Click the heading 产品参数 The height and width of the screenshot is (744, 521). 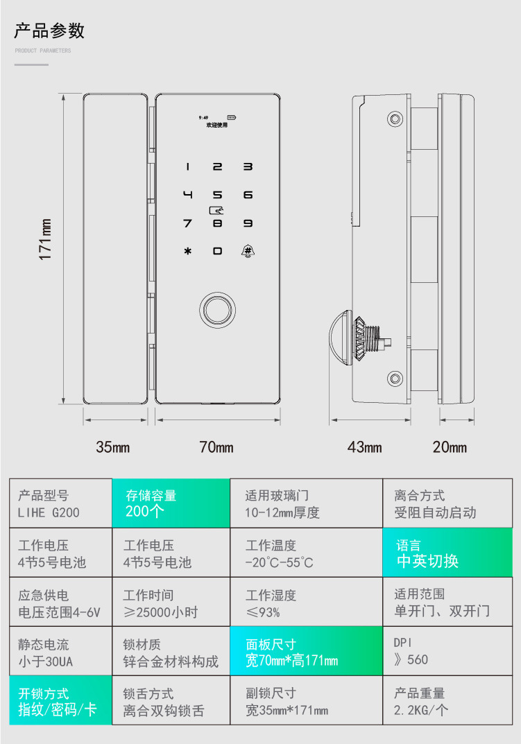coord(49,31)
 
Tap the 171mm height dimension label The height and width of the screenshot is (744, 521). coord(45,239)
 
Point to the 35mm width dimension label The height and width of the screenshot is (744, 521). coord(113,447)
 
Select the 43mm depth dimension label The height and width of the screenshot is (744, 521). coord(365,447)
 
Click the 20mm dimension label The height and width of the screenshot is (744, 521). coord(450,447)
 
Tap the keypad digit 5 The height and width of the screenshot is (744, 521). coord(218,195)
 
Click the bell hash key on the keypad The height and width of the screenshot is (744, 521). coord(248,251)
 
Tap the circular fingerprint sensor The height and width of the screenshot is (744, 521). coord(218,310)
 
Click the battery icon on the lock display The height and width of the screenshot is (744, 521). coord(232,117)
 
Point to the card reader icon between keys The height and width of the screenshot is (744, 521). coord(216,209)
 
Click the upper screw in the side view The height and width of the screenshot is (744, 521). coord(395,118)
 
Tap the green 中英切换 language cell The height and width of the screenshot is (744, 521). coord(447,553)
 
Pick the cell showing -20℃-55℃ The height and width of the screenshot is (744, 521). coord(307,553)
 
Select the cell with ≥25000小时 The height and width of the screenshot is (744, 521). coord(171,602)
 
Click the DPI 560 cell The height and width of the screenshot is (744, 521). coord(447,651)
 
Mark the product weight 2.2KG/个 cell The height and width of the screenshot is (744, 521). coord(447,700)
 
